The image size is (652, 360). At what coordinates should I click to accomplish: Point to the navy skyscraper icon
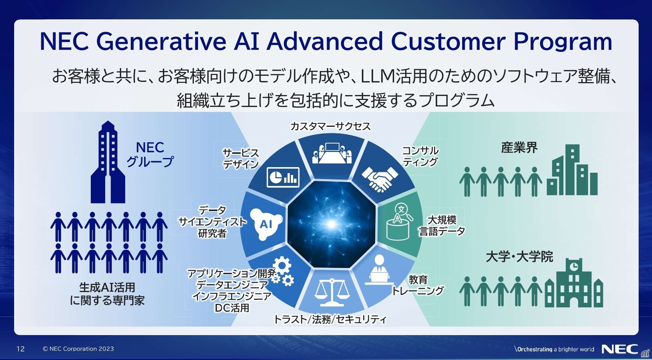(108, 162)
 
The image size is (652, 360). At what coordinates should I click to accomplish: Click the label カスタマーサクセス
(330, 127)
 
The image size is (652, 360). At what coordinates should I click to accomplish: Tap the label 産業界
(519, 148)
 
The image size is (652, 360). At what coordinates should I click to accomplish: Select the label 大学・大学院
(519, 257)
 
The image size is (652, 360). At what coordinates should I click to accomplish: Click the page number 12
(20, 349)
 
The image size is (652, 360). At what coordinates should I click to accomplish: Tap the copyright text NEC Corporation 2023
(78, 349)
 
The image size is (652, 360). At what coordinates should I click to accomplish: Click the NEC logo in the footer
(619, 349)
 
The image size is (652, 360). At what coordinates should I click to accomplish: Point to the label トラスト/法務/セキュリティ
(330, 320)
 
